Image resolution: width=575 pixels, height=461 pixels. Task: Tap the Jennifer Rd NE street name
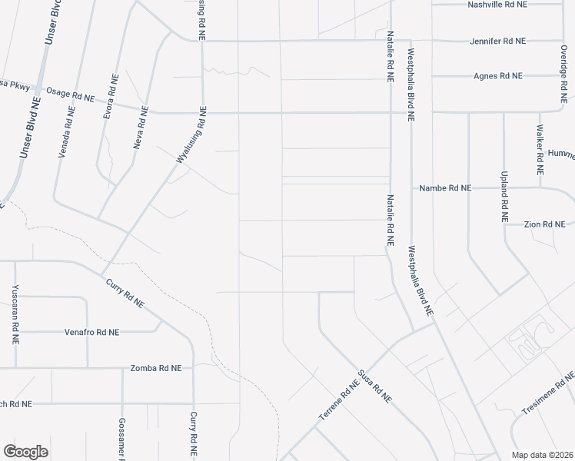(x=497, y=41)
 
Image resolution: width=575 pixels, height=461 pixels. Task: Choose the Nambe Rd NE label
(x=445, y=188)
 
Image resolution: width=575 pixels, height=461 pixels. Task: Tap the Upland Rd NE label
(x=504, y=197)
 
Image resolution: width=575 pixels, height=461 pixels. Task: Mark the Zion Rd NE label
(x=544, y=224)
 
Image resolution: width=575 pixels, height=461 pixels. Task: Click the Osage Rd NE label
(x=69, y=94)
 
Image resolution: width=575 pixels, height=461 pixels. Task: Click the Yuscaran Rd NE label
(x=15, y=314)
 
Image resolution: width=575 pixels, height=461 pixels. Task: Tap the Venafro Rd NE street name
(x=92, y=333)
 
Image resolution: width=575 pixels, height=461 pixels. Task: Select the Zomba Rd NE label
(x=156, y=368)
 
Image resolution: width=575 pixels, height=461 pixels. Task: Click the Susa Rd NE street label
(x=376, y=388)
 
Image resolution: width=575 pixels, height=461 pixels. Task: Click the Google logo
(x=25, y=452)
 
